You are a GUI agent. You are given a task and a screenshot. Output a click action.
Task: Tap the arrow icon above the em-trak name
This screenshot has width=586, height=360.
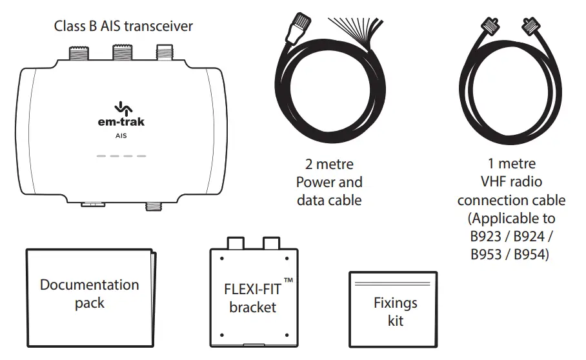click(x=121, y=106)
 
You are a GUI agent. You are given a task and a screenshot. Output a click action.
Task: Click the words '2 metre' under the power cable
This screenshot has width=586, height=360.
click(x=329, y=165)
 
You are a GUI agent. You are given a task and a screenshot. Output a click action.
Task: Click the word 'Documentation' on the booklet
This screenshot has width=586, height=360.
click(x=89, y=285)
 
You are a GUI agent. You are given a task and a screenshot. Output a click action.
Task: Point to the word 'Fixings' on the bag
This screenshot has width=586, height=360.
click(x=395, y=303)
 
